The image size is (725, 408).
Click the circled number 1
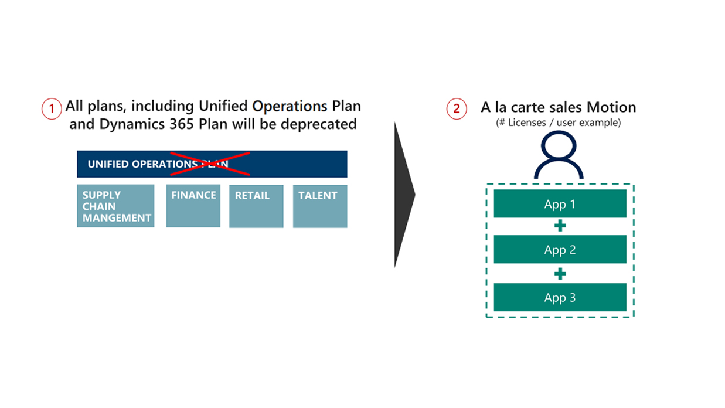click(x=52, y=108)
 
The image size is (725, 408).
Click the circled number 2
click(x=457, y=108)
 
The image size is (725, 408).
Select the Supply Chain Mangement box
click(x=115, y=206)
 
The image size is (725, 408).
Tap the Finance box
click(x=193, y=206)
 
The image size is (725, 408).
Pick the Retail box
click(x=256, y=206)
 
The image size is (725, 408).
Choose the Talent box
click(x=320, y=206)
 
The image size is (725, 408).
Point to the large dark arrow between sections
click(x=404, y=195)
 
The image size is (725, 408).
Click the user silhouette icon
click(x=559, y=155)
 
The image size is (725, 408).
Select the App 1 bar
click(x=560, y=204)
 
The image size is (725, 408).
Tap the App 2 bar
click(x=560, y=250)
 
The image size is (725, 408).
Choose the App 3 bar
click(x=560, y=297)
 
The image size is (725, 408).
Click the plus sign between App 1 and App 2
click(x=560, y=226)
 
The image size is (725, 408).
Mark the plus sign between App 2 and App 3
click(x=560, y=273)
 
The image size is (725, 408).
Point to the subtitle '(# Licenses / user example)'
click(x=558, y=123)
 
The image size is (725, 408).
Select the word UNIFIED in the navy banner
click(x=108, y=164)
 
